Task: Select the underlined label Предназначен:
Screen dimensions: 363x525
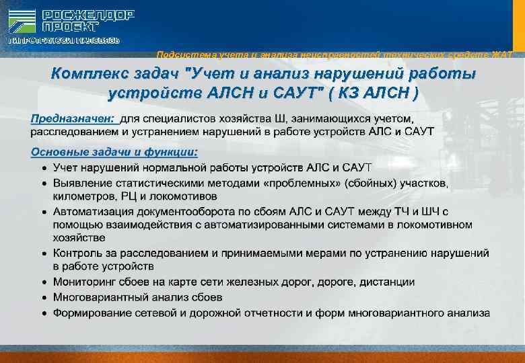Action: (x=74, y=119)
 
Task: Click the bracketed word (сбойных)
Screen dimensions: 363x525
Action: (x=369, y=183)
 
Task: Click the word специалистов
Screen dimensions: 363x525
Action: (x=178, y=119)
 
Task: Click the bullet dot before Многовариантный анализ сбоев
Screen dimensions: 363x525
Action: (x=43, y=297)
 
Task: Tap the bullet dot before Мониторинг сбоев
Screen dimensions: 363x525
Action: (x=43, y=282)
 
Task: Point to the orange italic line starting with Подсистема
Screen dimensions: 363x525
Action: (x=337, y=54)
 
